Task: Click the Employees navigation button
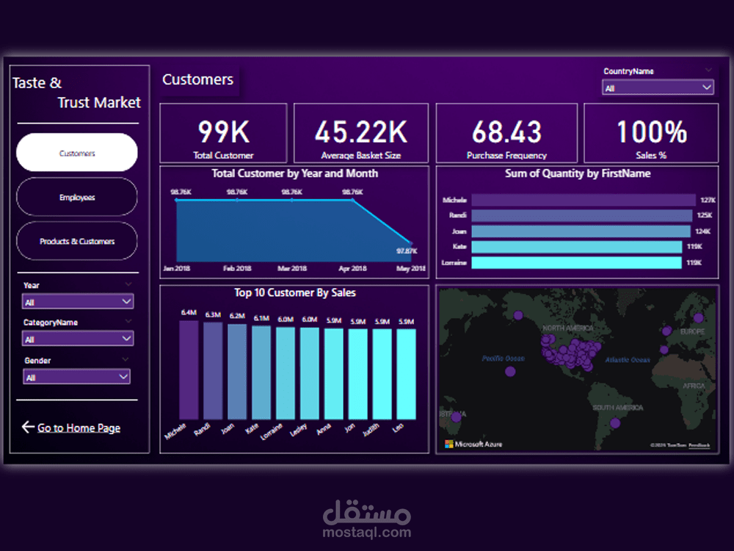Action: pyautogui.click(x=77, y=197)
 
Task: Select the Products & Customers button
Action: pyautogui.click(x=77, y=241)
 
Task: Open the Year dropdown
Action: pyautogui.click(x=78, y=301)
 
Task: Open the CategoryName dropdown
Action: pyautogui.click(x=78, y=339)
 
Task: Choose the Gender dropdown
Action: pyautogui.click(x=76, y=377)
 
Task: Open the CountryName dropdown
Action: pyautogui.click(x=658, y=87)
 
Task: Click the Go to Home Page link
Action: pyautogui.click(x=79, y=428)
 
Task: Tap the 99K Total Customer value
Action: pyautogui.click(x=223, y=132)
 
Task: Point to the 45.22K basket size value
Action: pyautogui.click(x=360, y=132)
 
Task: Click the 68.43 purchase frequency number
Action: pyautogui.click(x=506, y=132)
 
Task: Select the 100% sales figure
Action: pyautogui.click(x=651, y=132)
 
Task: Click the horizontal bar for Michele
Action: pyautogui.click(x=583, y=200)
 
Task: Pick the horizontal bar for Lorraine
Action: pyautogui.click(x=576, y=262)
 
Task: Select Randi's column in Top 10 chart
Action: pyautogui.click(x=213, y=371)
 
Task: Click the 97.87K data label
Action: pyautogui.click(x=407, y=251)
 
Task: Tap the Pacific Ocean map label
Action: pyautogui.click(x=504, y=359)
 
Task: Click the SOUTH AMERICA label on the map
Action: pyautogui.click(x=618, y=408)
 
